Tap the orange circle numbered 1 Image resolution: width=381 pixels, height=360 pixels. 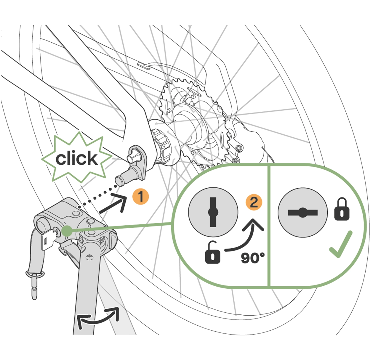(x=141, y=197)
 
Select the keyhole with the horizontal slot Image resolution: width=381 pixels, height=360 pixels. (x=302, y=212)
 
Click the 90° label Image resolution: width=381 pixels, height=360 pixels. (x=252, y=258)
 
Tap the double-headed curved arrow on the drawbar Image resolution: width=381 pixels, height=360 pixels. (x=98, y=318)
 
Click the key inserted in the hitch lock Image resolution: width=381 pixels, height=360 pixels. (x=49, y=240)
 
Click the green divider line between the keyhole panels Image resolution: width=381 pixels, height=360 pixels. (x=268, y=225)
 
